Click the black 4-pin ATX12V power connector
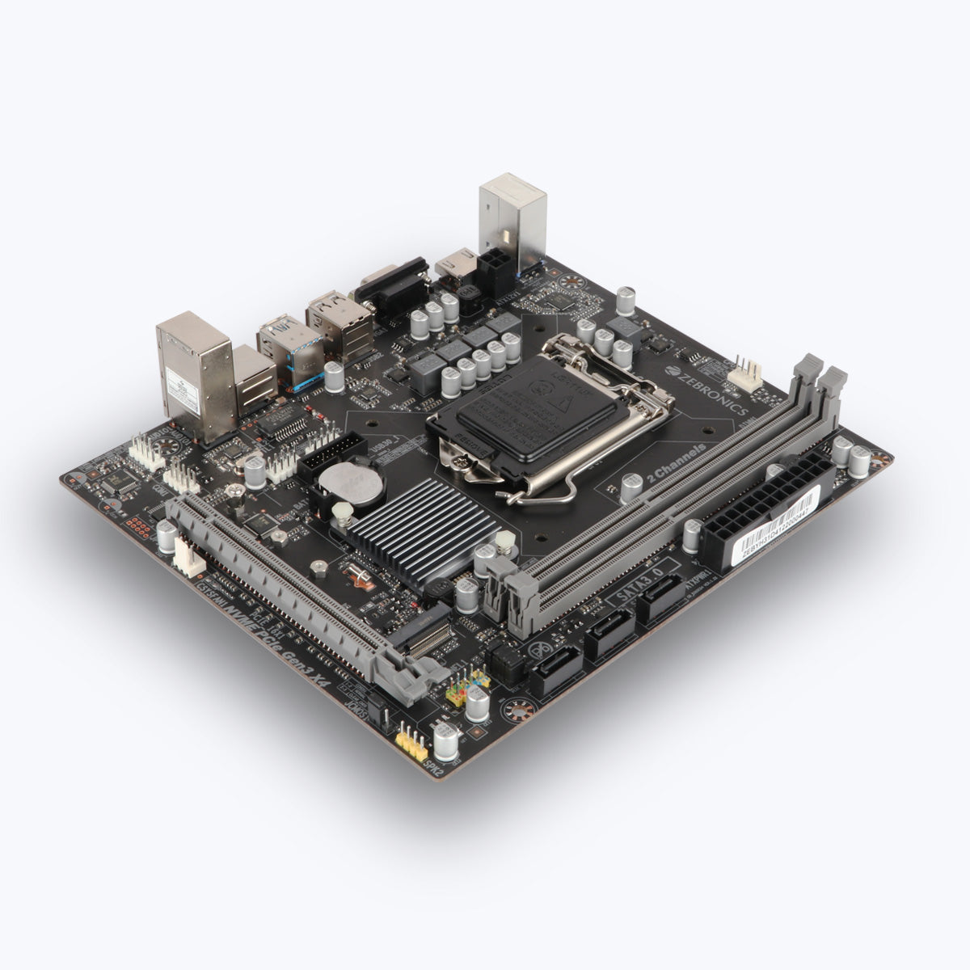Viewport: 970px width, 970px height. click(x=495, y=271)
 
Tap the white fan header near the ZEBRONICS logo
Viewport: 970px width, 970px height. click(x=744, y=377)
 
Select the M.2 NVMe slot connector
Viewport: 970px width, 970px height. click(x=420, y=639)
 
